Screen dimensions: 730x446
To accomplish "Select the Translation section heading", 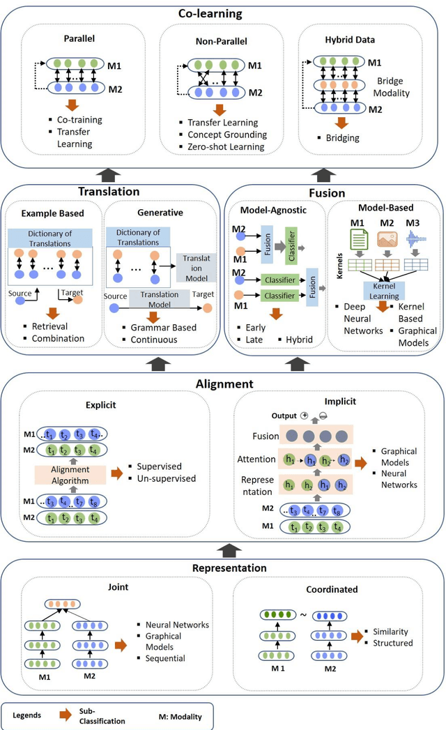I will point(109,191).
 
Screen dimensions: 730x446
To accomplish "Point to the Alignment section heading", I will point(224,383).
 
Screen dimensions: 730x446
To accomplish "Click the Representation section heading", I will point(229,568).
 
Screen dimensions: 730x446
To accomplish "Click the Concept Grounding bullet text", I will point(227,135).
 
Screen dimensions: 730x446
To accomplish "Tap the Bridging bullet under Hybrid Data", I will point(342,137).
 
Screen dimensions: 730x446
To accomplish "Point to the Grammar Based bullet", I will point(164,326).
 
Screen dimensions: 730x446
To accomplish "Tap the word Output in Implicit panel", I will point(285,415).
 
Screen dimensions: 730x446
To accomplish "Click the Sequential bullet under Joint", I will point(164,658).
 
